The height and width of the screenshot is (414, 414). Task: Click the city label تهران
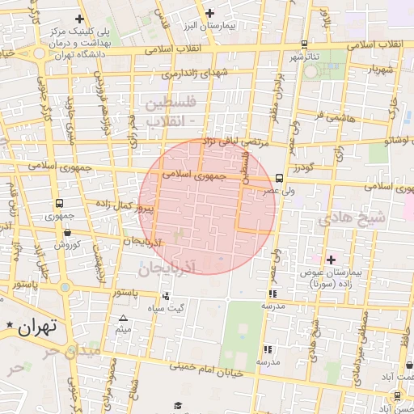[x=36, y=327]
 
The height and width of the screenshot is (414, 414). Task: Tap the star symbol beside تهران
[x=9, y=325]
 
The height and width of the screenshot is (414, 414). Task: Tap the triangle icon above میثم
[x=123, y=318]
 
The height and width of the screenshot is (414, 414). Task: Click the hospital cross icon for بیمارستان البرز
[x=210, y=12]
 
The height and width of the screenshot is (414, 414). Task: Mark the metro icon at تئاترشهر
[x=304, y=45]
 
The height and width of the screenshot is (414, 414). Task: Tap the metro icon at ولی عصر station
[x=279, y=177]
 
